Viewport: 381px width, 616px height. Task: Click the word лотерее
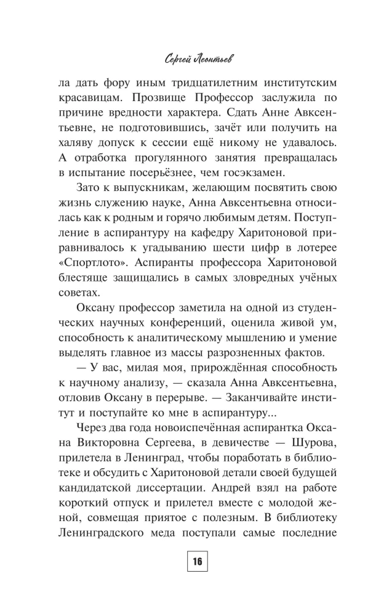click(x=314, y=243)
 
